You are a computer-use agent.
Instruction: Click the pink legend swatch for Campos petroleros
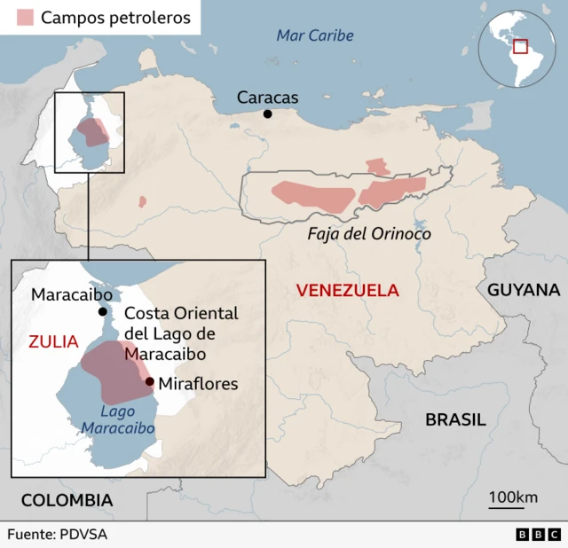coord(24,18)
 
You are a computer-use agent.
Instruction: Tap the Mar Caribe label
coord(314,35)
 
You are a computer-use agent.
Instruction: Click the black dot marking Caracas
coord(267,114)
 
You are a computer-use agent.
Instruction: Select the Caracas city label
coord(268,98)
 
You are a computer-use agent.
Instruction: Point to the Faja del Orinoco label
coord(368,234)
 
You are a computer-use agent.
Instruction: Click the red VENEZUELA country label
coord(347,290)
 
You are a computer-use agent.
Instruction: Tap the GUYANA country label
coord(524,290)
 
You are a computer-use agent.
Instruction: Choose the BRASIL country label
coord(455,419)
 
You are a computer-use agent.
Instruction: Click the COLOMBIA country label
coord(67,500)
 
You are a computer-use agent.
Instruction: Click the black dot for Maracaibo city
coord(103,311)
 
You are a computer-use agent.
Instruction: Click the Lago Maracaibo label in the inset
coord(117,419)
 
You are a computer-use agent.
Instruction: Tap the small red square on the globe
coord(520,46)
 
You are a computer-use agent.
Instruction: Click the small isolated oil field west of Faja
coord(142,202)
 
